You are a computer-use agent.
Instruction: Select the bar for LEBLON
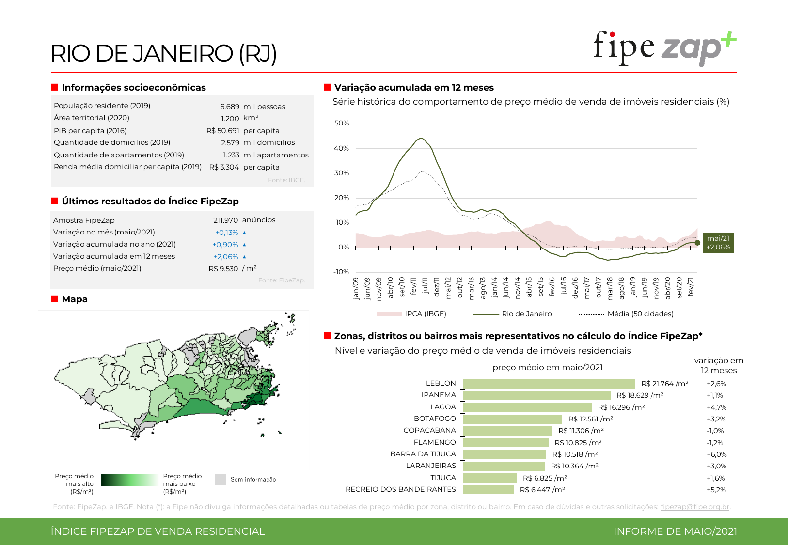[549, 384]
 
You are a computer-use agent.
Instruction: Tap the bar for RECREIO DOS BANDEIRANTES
[489, 490]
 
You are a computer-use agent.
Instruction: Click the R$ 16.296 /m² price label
[621, 407]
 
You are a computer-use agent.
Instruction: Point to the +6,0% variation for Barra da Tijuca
[716, 454]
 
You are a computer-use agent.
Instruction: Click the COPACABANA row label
[429, 430]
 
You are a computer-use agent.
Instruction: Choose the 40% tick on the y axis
[341, 148]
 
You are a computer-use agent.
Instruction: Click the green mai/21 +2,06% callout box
[718, 243]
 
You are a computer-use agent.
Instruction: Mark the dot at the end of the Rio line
[697, 243]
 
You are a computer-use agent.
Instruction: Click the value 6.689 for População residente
[230, 107]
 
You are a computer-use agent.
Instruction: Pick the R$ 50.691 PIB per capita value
[223, 131]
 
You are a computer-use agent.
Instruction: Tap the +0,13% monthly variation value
[226, 233]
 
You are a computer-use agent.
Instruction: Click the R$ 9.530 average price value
[223, 269]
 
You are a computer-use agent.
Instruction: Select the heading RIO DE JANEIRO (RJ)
[163, 53]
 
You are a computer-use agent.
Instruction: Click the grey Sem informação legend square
[220, 480]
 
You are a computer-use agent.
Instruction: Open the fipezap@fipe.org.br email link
[694, 507]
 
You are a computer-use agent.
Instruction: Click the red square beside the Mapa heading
[55, 299]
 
